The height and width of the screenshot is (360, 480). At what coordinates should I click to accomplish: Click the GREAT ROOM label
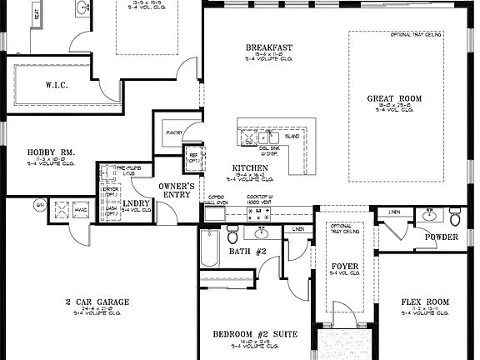[x=394, y=98]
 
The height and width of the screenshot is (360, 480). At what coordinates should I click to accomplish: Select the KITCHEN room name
[x=250, y=168]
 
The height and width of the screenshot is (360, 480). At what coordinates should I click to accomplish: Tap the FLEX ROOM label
[x=425, y=302]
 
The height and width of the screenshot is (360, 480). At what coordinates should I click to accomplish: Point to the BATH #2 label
[x=247, y=251]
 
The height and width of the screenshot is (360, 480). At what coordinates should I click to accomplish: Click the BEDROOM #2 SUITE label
[x=255, y=334]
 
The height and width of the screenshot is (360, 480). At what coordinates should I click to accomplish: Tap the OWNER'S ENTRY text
[x=177, y=191]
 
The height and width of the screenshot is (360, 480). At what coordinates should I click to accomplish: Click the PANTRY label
[x=174, y=132]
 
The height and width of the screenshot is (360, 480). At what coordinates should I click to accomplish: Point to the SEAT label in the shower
[x=37, y=17]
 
